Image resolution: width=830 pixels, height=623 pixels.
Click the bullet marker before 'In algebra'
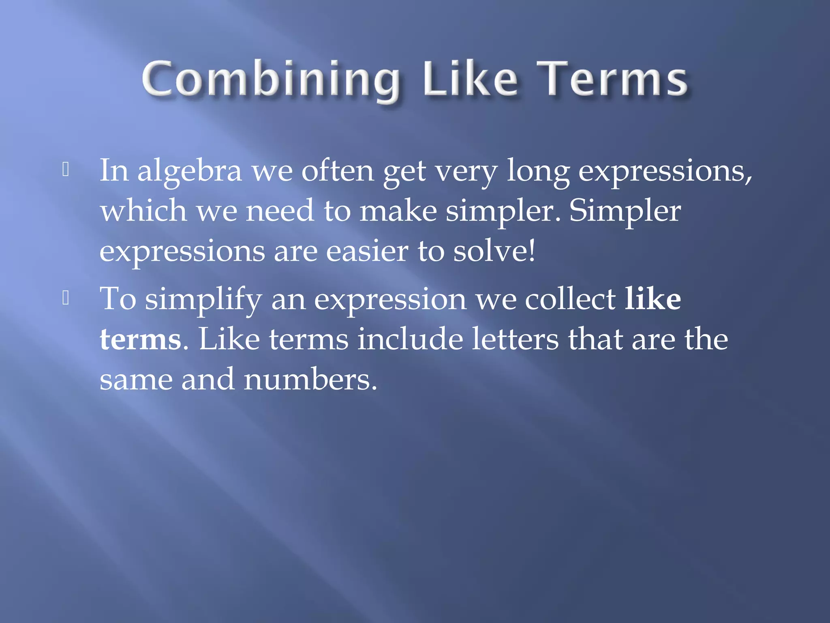[x=66, y=170]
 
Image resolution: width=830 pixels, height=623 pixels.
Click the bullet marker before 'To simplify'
[x=66, y=299]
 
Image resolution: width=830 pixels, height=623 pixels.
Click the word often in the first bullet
[x=337, y=170]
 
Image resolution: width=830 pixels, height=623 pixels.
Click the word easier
[x=367, y=251]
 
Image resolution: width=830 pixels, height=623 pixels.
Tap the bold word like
[x=652, y=299]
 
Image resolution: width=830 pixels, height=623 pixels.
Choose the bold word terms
[x=140, y=339]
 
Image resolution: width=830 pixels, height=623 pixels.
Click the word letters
[x=515, y=339]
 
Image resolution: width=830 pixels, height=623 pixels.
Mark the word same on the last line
[x=136, y=380]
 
